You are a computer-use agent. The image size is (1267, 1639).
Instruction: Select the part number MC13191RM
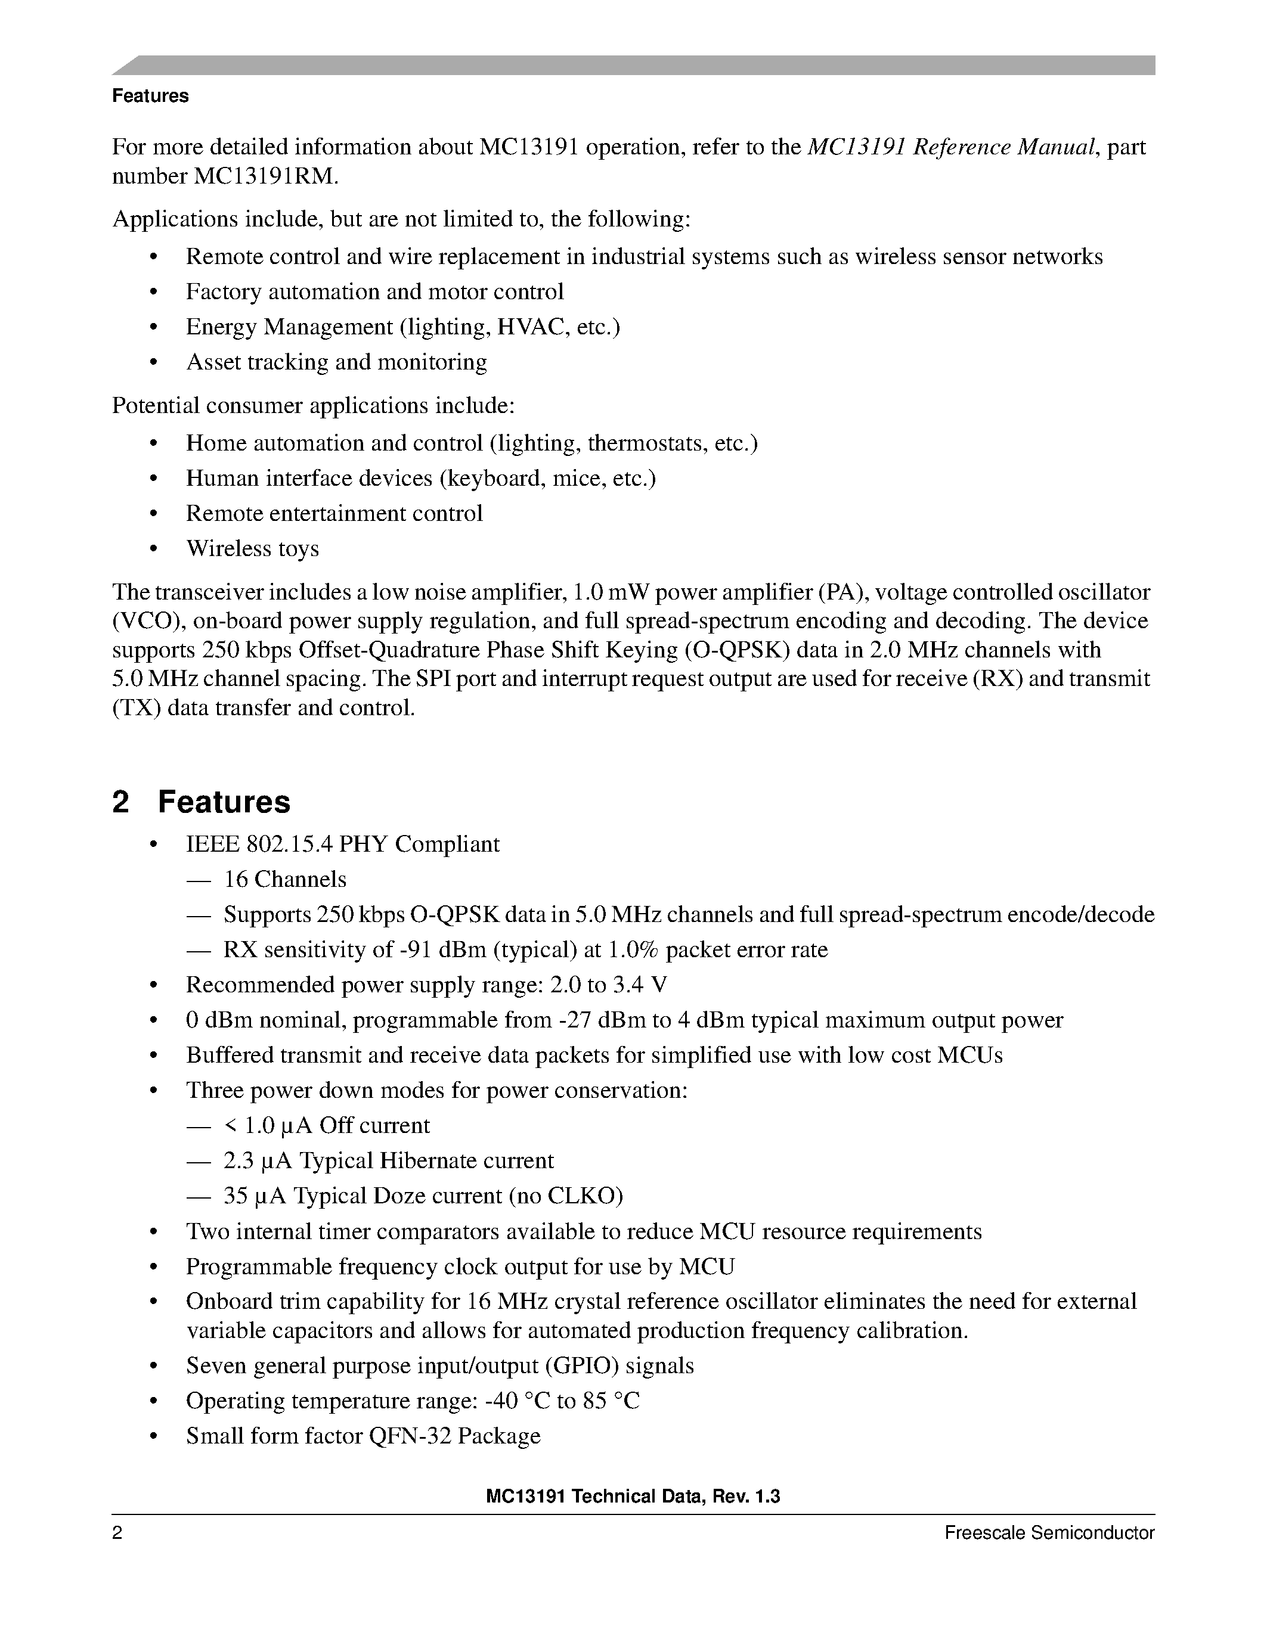267,176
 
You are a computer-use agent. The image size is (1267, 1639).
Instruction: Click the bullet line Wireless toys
252,548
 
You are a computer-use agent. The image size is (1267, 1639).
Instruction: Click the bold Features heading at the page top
150,96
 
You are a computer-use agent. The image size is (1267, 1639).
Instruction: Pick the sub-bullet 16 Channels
285,880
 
